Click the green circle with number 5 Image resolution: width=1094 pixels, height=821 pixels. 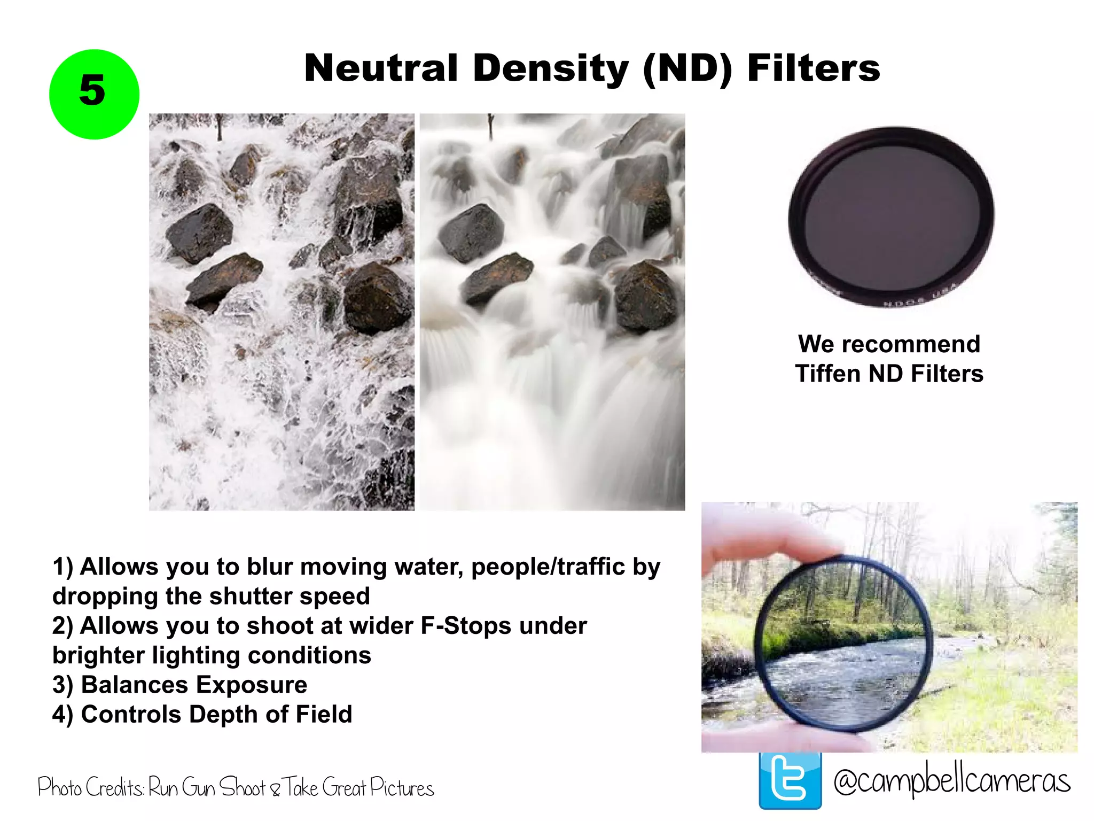point(94,94)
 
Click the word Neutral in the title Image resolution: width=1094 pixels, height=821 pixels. point(381,68)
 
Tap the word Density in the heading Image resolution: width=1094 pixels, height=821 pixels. point(551,68)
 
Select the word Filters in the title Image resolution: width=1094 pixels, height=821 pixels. point(813,68)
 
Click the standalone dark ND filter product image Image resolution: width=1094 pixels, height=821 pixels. point(891,216)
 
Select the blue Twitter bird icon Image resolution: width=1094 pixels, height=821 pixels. point(790,781)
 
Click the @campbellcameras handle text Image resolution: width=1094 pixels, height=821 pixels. point(951,781)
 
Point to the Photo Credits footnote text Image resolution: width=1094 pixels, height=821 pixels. point(236,788)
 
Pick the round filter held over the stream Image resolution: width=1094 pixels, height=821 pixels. point(843,644)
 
